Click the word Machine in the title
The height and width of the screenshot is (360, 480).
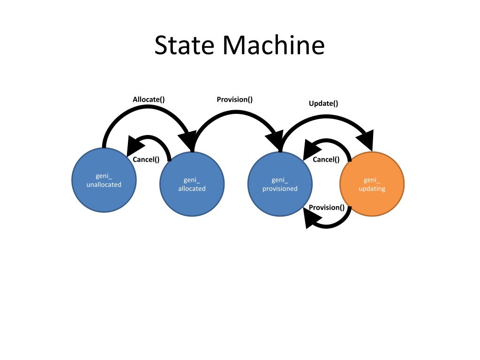(274, 45)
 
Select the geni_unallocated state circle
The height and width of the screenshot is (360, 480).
(104, 180)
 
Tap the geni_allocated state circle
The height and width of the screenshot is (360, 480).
(192, 184)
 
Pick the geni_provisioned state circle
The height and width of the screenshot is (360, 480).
(280, 184)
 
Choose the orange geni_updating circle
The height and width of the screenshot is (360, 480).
(372, 184)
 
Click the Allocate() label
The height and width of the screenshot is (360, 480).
(149, 99)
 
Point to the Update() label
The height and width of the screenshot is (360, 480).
(323, 104)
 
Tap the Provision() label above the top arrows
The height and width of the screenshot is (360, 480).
(234, 99)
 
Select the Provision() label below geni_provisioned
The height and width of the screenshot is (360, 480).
(327, 208)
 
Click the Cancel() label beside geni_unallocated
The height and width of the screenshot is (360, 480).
(146, 159)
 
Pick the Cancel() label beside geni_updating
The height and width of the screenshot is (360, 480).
(326, 159)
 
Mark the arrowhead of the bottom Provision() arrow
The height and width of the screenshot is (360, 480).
(311, 218)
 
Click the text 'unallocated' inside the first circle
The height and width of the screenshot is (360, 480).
(104, 185)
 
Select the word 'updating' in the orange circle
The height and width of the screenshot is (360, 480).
(372, 188)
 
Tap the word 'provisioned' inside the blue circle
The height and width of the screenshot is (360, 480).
(280, 188)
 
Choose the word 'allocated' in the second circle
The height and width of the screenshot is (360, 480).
(192, 188)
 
